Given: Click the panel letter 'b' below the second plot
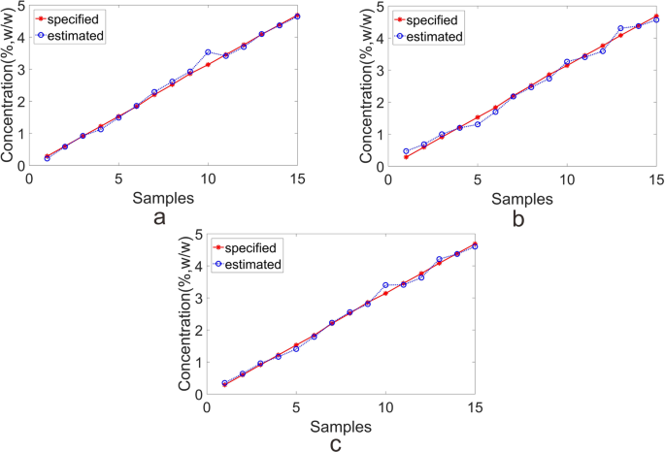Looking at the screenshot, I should pos(520,219).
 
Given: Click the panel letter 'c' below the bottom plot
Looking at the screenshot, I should pos(336,445).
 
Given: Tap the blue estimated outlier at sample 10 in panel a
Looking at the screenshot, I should pos(208,52).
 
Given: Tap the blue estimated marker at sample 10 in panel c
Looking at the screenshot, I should pos(385,285).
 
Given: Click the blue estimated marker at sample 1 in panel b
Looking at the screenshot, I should pos(406,151).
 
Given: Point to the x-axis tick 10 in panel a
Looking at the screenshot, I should pos(208,178).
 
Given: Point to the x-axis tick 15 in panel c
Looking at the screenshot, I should pos(475,406).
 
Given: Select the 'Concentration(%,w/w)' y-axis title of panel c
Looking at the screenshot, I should pos(184,313).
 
